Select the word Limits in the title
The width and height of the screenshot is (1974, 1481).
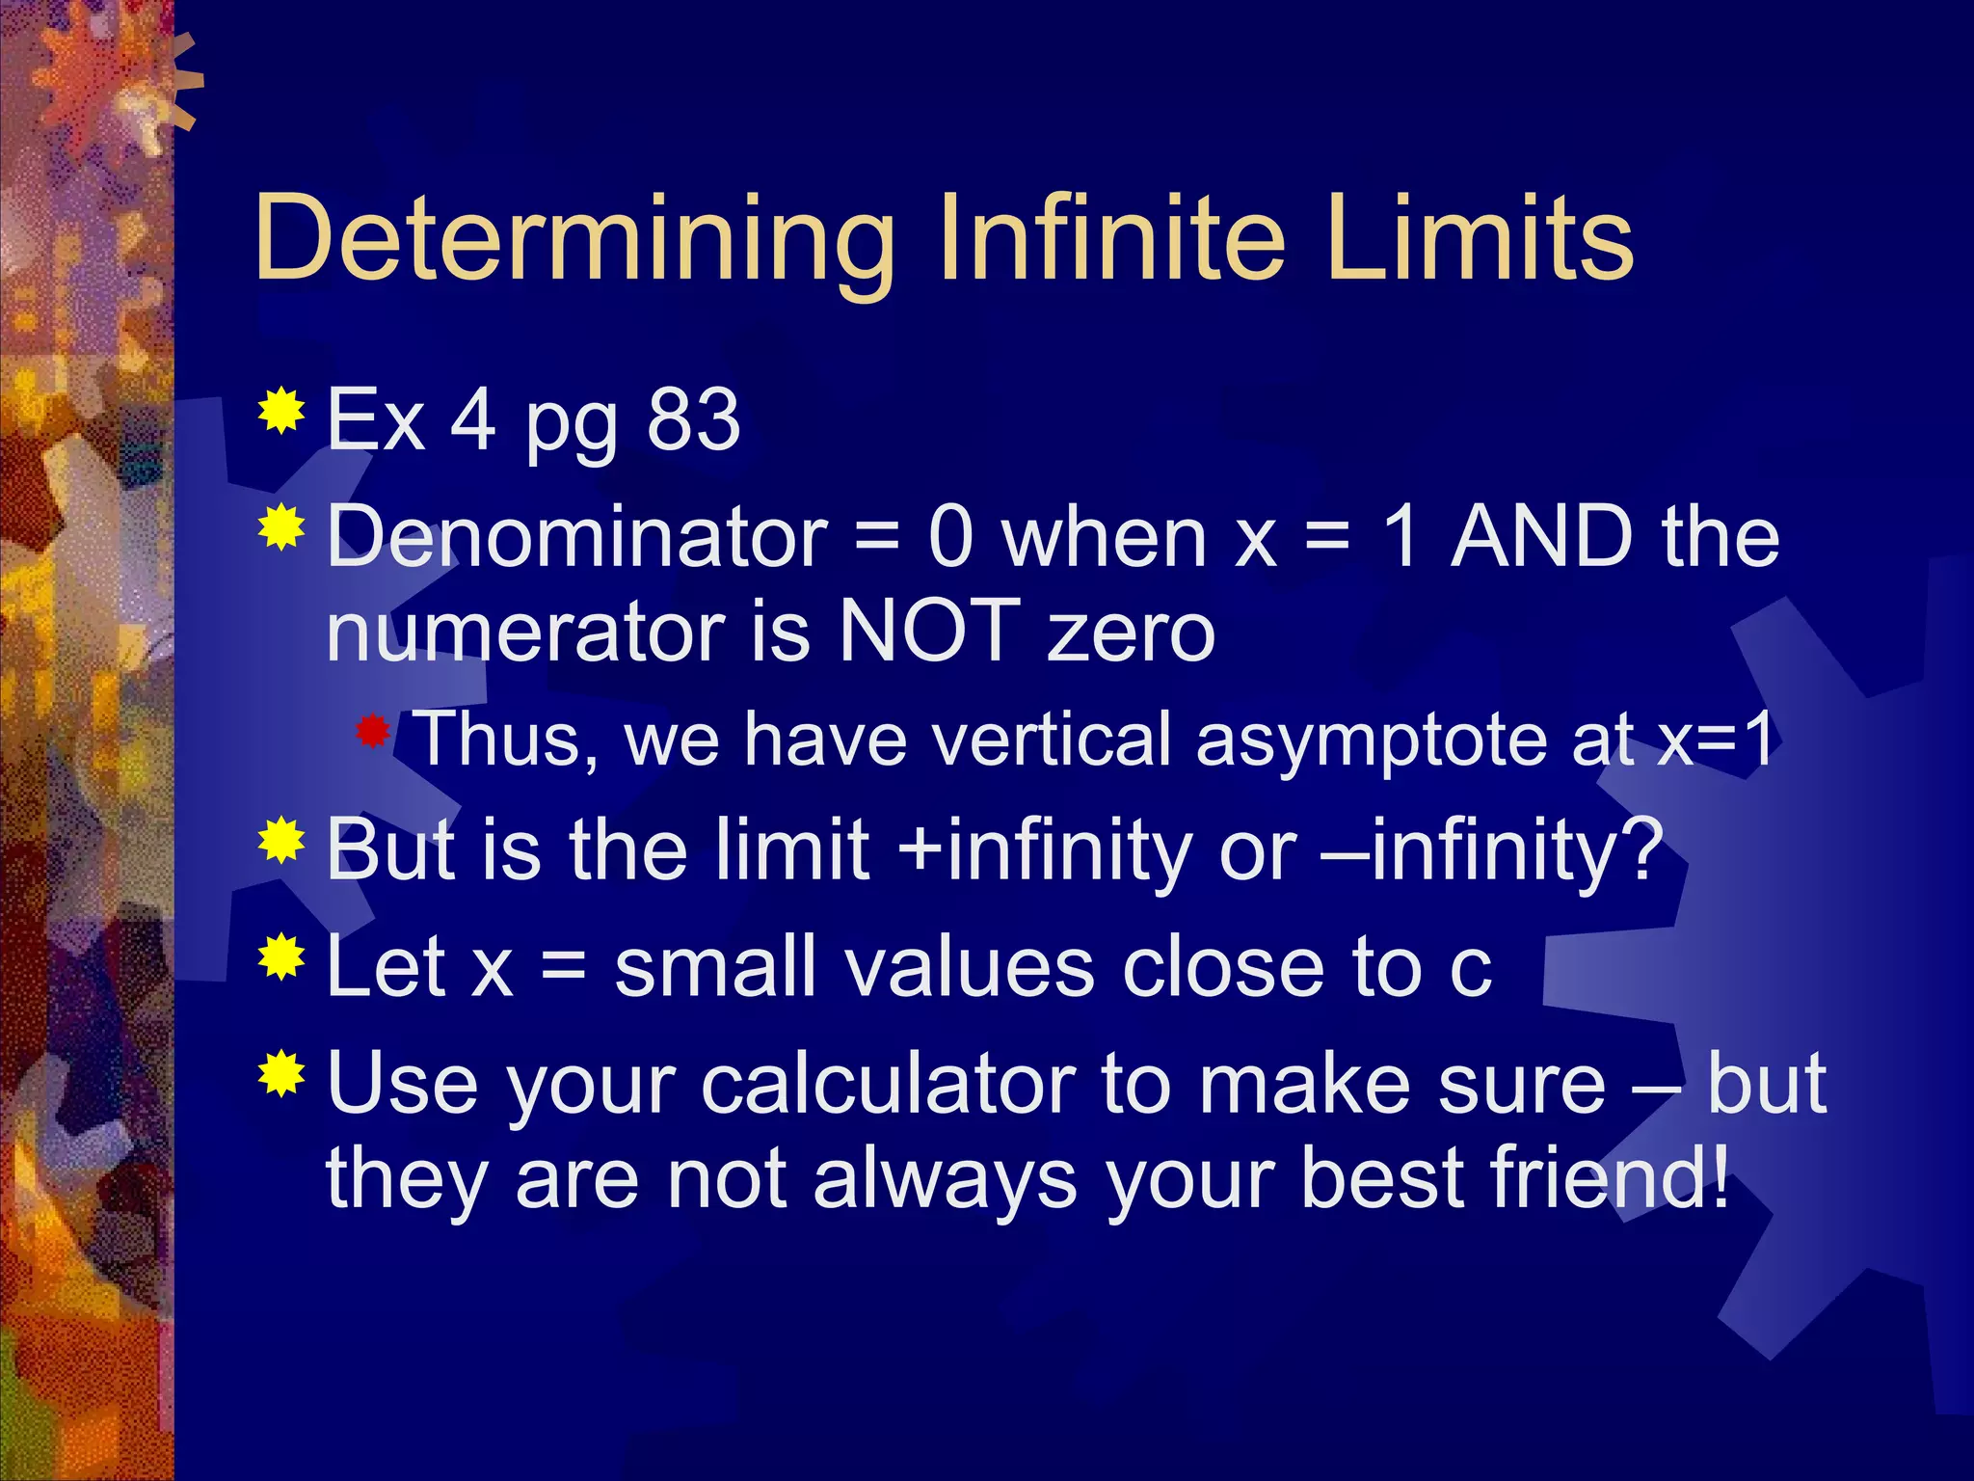pyautogui.click(x=1479, y=238)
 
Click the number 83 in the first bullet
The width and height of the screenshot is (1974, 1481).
pyautogui.click(x=693, y=420)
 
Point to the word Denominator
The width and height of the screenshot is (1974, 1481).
pyautogui.click(x=577, y=537)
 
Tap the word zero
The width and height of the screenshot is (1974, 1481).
pyautogui.click(x=1132, y=633)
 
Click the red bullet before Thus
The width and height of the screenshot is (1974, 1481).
pyautogui.click(x=372, y=734)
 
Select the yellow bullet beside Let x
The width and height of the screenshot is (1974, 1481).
pyautogui.click(x=281, y=956)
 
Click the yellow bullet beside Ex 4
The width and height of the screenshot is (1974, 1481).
pyautogui.click(x=281, y=412)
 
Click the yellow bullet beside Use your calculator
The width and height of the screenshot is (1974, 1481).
pyautogui.click(x=281, y=1074)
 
